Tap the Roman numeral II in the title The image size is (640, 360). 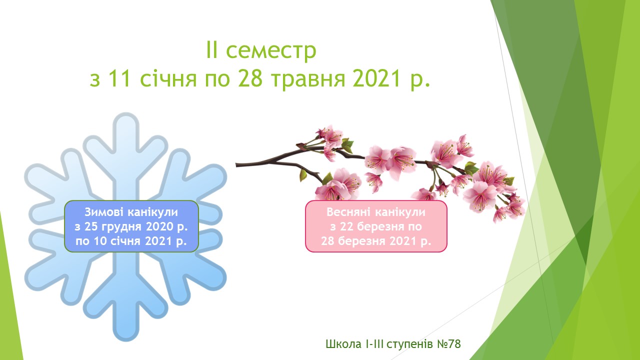211,49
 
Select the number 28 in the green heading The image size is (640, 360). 250,78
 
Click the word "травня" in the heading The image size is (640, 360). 308,80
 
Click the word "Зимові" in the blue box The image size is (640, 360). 104,212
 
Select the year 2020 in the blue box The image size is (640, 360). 160,226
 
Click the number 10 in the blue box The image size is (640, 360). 100,241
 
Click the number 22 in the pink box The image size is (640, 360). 346,226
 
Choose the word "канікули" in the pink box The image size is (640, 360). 400,212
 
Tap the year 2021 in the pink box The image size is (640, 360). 402,241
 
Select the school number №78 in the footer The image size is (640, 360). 449,344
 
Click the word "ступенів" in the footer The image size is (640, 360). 409,345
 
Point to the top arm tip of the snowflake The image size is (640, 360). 126,113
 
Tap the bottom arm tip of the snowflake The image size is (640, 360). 126,340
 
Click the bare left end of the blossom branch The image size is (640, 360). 236,165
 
